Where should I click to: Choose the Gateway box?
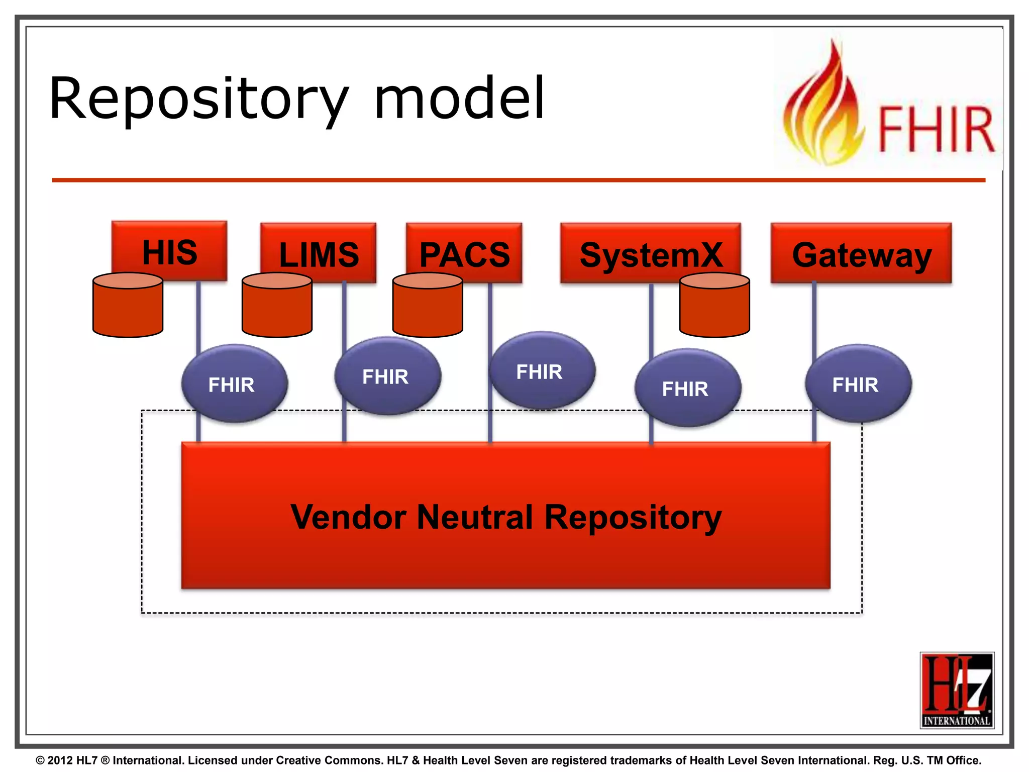pyautogui.click(x=861, y=253)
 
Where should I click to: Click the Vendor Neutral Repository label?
pyautogui.click(x=505, y=517)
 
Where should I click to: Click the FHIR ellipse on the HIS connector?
pyautogui.click(x=234, y=384)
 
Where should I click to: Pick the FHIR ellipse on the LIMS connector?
pyautogui.click(x=388, y=376)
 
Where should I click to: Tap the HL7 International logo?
pyautogui.click(x=957, y=690)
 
